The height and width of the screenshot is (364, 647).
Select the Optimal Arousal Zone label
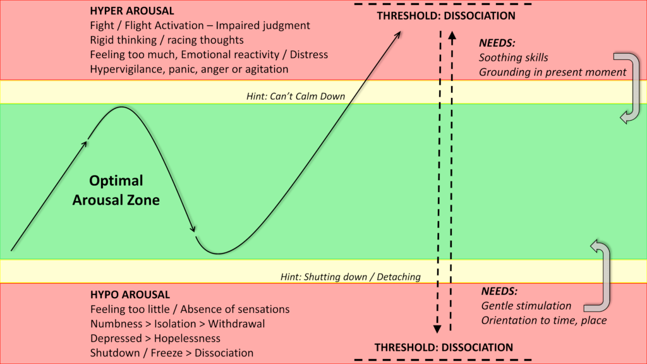tap(116, 190)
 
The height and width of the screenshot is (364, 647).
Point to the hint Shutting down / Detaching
tap(351, 277)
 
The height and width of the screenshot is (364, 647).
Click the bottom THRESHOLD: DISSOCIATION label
tap(444, 347)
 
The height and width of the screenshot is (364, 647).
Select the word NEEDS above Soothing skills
tap(497, 44)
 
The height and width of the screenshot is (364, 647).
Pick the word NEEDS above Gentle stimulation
tap(499, 291)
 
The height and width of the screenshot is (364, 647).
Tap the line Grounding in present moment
tap(552, 72)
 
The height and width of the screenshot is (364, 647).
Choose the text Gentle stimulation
tap(526, 306)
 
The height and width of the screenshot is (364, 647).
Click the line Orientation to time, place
tap(543, 320)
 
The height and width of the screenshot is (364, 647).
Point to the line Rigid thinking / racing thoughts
tap(167, 40)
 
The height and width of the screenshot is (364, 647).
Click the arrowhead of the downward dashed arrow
tap(437, 328)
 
